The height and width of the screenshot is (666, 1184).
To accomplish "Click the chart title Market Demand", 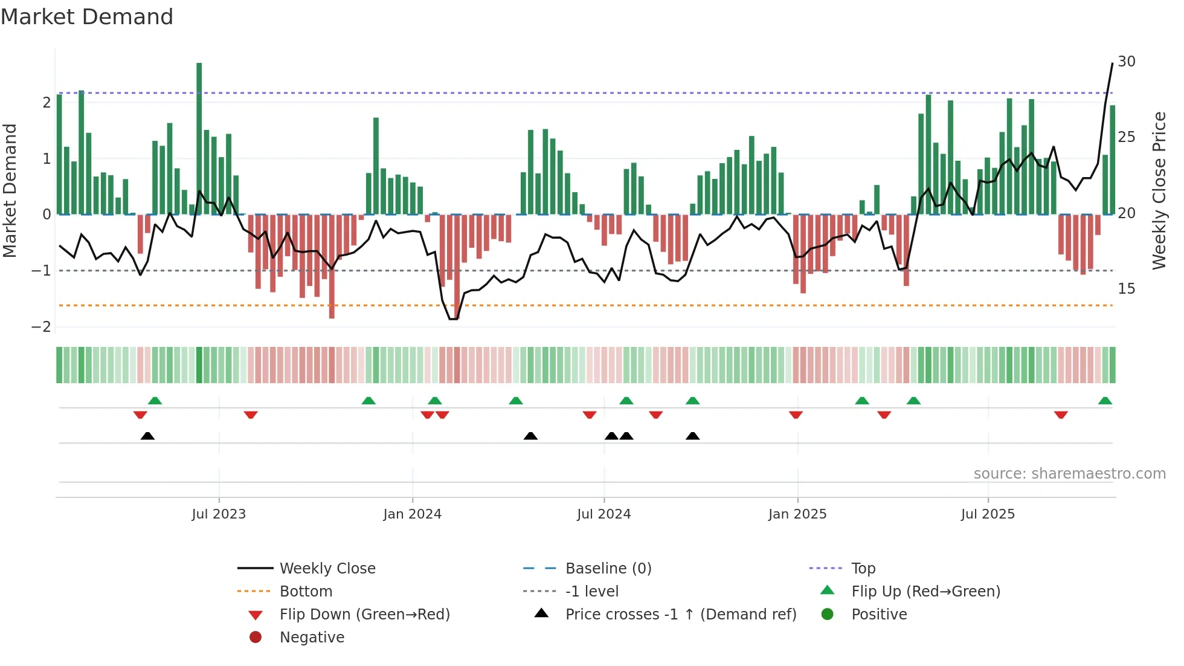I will [87, 17].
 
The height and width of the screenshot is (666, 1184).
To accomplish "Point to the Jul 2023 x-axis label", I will [219, 514].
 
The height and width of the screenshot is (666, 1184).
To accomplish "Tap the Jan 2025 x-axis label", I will [797, 514].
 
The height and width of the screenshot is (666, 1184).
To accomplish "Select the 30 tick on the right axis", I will [1126, 62].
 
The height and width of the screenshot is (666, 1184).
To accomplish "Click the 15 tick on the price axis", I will [1126, 289].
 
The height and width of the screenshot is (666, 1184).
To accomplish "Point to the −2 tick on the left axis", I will [42, 327].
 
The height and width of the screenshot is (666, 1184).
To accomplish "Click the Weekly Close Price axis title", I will [1159, 190].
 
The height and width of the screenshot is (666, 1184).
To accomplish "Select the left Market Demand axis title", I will [10, 190].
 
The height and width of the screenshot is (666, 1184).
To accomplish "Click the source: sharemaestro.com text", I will [1069, 474].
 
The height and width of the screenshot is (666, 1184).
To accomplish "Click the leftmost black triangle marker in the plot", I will [147, 436].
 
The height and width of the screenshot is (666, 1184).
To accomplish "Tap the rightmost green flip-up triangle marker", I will [1105, 401].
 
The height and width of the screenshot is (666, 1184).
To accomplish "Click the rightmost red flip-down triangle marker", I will [1061, 415].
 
